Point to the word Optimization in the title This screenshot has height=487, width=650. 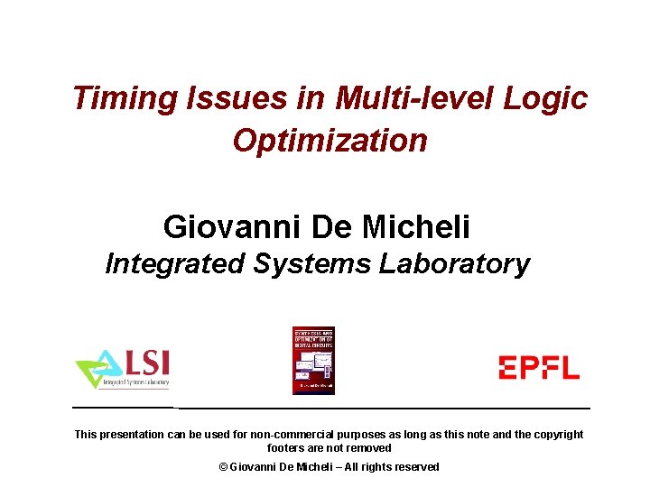[330, 141]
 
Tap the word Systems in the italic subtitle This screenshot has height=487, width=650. [312, 264]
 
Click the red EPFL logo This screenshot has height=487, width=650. [539, 367]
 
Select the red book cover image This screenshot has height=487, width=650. [313, 360]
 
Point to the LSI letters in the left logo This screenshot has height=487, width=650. [144, 363]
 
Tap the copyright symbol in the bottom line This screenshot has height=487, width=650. [224, 467]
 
